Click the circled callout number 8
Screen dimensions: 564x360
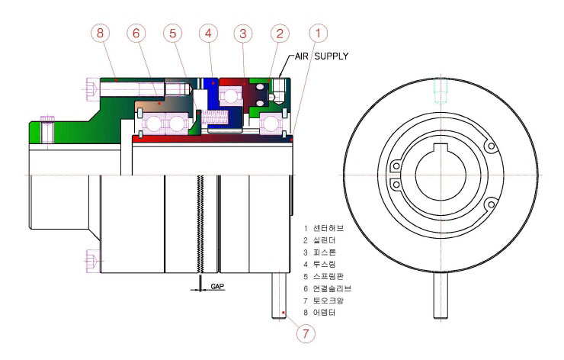coord(100,33)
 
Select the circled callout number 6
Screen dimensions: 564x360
coord(136,33)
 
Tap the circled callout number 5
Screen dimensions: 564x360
coord(173,33)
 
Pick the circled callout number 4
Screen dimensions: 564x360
coord(209,33)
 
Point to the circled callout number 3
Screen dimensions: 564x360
coord(243,34)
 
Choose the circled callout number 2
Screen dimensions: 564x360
coord(280,34)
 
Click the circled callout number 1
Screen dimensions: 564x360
coord(319,33)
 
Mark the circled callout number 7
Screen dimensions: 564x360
coord(306,333)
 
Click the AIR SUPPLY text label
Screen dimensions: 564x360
coord(322,56)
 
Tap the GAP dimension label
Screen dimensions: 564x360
coord(217,286)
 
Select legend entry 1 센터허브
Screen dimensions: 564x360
coord(324,228)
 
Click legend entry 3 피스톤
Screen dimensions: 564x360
coord(320,252)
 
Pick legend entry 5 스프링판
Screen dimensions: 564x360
coord(324,276)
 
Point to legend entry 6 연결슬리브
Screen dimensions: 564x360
coord(327,288)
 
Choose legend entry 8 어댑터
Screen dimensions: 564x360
coord(320,312)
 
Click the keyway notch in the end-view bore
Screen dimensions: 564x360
coord(441,147)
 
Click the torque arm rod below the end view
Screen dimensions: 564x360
coord(441,295)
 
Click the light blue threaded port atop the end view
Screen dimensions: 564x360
coord(441,91)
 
